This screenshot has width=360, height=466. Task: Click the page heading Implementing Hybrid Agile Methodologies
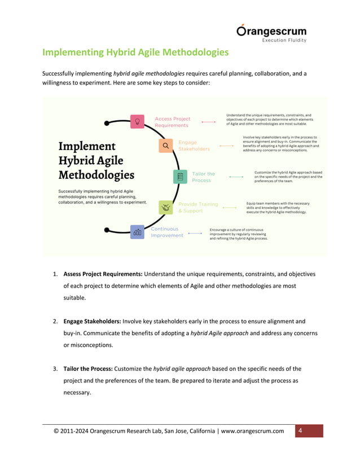click(x=135, y=53)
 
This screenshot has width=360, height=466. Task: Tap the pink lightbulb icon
click(x=137, y=121)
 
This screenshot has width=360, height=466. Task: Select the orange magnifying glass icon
click(x=165, y=146)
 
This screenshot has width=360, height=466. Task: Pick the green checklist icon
click(x=180, y=177)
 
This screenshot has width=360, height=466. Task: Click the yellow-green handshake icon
click(x=165, y=207)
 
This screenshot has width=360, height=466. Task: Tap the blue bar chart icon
click(x=137, y=231)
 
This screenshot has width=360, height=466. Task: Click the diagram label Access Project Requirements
click(x=173, y=122)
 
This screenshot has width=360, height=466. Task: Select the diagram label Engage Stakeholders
click(x=194, y=146)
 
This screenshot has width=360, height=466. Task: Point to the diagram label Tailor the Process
click(x=203, y=177)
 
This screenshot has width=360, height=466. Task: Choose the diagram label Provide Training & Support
click(x=198, y=207)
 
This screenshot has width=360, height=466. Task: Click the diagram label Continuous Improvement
click(x=166, y=232)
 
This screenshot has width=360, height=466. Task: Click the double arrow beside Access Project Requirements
click(x=208, y=122)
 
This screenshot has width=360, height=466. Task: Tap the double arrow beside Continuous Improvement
click(x=195, y=232)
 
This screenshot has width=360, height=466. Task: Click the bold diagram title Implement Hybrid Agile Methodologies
click(x=96, y=161)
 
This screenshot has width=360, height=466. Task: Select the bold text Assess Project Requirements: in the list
click(x=103, y=275)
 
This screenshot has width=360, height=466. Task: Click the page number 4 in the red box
click(x=301, y=432)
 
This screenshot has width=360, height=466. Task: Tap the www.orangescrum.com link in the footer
click(x=252, y=432)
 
